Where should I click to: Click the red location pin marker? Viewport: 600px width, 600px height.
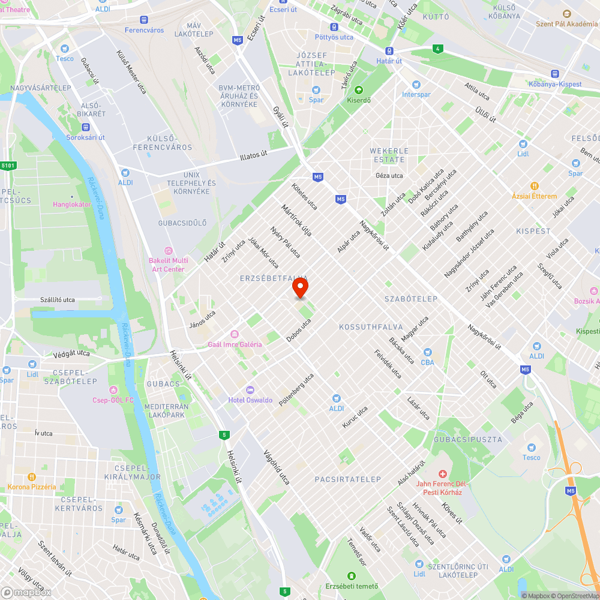pos(300,288)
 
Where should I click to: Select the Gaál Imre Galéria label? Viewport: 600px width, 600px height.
pos(235,344)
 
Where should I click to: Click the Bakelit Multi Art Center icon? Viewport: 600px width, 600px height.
pos(168,250)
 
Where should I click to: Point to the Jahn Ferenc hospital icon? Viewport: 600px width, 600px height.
pos(442,474)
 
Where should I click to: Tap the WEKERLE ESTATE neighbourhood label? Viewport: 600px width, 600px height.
pos(389,155)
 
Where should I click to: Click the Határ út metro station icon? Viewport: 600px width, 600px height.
pos(389,51)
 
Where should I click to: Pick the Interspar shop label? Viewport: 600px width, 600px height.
pos(416,95)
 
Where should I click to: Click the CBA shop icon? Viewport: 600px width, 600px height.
pos(427,352)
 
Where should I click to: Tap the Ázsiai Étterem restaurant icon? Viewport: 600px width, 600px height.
pos(534,187)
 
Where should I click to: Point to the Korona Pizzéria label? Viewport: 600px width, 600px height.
pos(32,487)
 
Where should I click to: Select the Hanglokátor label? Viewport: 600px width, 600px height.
pos(71,204)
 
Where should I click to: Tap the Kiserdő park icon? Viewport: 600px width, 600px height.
pos(359,90)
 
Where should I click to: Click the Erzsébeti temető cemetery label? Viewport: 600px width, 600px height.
pos(352,586)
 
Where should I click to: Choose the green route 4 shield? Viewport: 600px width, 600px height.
pos(438,49)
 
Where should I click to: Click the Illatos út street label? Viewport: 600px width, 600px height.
pos(253,155)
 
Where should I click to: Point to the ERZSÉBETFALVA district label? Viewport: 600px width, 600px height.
pos(274,278)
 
